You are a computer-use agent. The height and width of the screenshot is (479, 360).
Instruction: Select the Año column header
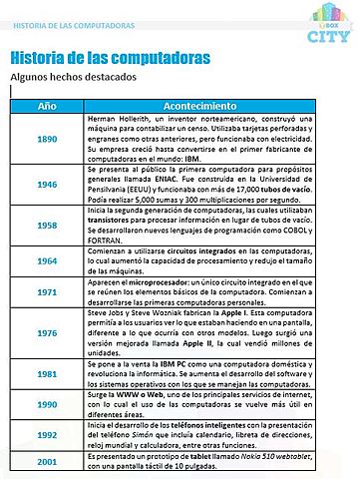coord(47,105)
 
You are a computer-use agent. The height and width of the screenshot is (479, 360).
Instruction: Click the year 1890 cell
coord(47,139)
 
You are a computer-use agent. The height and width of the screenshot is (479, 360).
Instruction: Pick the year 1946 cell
coord(47,186)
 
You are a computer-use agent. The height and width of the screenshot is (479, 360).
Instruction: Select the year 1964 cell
coord(47,260)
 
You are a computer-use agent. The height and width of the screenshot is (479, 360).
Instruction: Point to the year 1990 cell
coord(47,407)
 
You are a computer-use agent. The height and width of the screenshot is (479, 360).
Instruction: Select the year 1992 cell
coord(47,435)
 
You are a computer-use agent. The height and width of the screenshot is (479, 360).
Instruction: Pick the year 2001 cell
coord(47,463)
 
